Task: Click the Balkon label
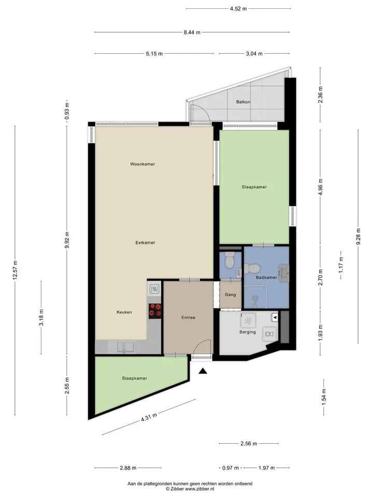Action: coord(243,102)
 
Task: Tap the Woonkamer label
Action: coord(142,164)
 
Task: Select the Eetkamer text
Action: coord(145,242)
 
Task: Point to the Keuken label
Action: coord(124,312)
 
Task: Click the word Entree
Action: coord(188,317)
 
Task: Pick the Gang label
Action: coord(230,295)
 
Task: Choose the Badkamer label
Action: coord(266,277)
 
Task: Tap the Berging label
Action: coord(248,332)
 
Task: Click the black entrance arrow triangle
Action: coord(203,371)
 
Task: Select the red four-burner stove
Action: coord(155,311)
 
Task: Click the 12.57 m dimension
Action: coord(15,270)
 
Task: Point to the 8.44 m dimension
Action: coord(192,32)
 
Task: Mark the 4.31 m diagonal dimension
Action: coord(149,417)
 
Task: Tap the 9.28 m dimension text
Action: coord(358,237)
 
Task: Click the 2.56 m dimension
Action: coord(249,444)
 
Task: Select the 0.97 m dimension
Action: coord(230,467)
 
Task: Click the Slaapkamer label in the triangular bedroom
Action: coord(135,378)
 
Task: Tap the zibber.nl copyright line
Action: coord(190,489)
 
